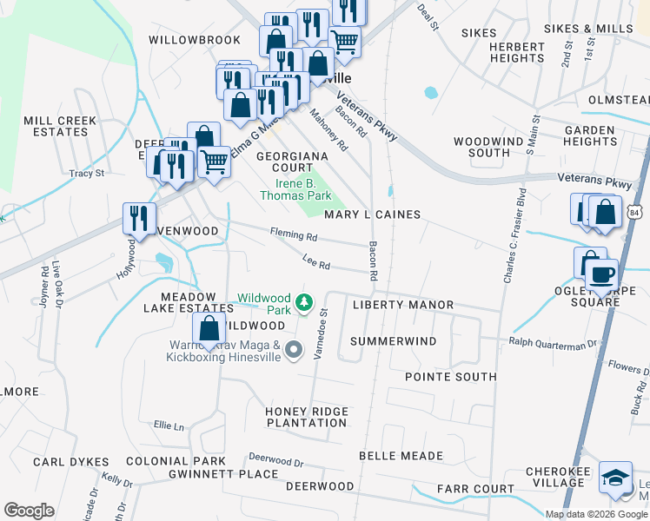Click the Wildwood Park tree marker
(x=303, y=302)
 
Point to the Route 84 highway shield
(x=637, y=212)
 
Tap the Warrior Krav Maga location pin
(x=294, y=351)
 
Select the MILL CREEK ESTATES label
(x=56, y=126)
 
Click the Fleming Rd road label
(x=293, y=235)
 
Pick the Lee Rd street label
(x=316, y=263)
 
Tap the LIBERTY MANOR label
(x=403, y=305)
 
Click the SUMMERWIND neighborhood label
(x=393, y=341)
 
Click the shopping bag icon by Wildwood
(x=209, y=329)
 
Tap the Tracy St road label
(x=87, y=174)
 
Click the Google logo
(x=29, y=511)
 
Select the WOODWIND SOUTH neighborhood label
(x=482, y=146)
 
